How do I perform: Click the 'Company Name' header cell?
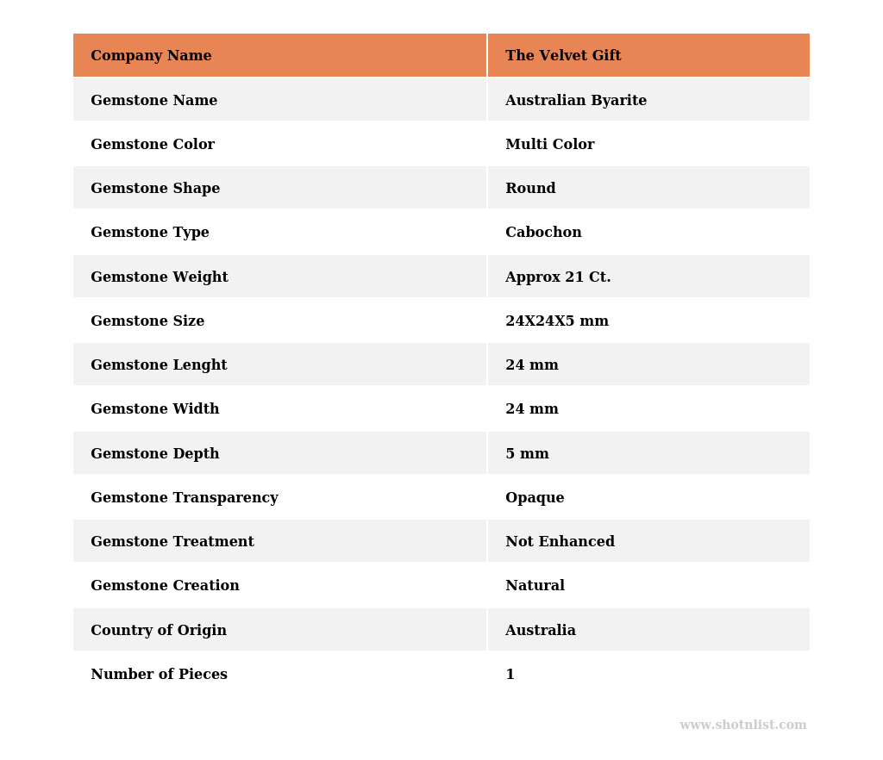151,56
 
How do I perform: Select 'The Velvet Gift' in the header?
563,56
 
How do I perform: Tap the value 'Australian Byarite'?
576,101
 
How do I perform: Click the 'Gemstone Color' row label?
153,145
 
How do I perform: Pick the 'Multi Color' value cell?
549,145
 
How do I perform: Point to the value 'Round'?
530,189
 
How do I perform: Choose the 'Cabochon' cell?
543,233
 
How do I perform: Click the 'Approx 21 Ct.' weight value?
558,277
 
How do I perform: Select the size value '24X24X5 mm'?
557,321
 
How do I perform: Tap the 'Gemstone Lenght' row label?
159,365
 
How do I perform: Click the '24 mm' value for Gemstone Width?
532,409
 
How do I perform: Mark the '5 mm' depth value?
527,454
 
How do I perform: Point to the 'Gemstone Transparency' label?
185,498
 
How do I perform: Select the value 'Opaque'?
535,498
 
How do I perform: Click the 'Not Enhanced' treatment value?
560,542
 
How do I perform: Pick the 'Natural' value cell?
535,586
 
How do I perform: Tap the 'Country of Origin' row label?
159,631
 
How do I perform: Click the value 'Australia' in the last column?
541,631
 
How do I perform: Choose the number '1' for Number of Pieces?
510,675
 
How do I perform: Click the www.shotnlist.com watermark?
742,726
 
